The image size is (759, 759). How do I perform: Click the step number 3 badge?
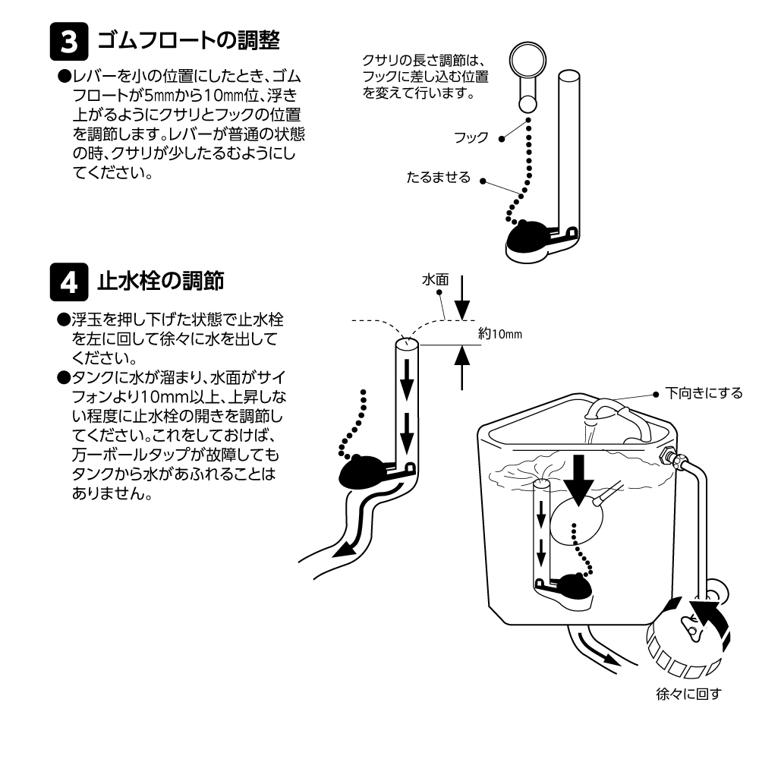68,43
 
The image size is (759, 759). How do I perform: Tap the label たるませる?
438,178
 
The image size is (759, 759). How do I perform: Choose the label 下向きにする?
704,393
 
